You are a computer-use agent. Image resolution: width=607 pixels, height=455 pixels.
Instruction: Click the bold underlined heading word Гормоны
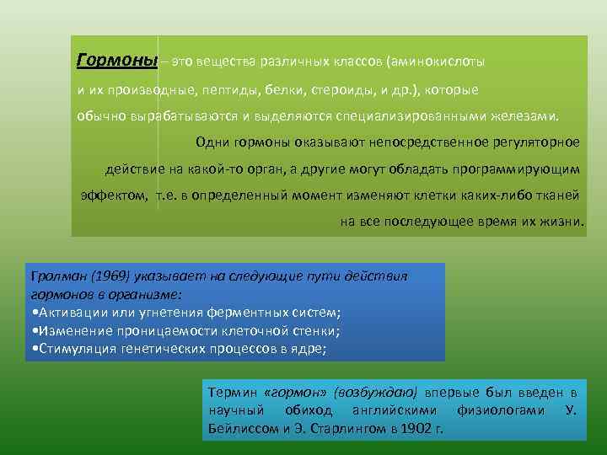[x=116, y=62]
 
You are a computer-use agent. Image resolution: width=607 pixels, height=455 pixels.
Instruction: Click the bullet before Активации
[x=32, y=313]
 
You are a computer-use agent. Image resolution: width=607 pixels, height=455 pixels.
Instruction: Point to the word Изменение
[x=69, y=330]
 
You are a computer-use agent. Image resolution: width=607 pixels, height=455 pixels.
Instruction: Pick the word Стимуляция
[x=76, y=348]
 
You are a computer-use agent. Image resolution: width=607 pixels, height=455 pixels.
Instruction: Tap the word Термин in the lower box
[x=232, y=393]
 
